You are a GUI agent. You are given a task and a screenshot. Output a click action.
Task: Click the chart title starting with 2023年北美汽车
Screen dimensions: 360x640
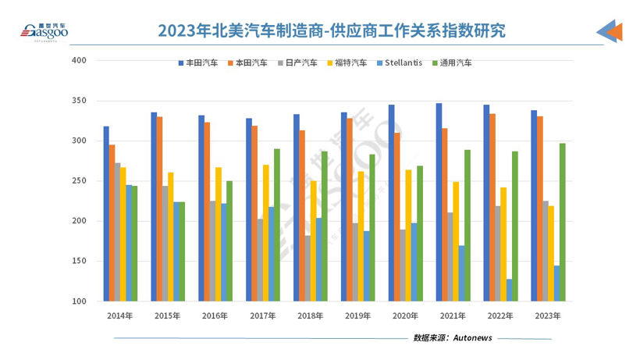coord(332,30)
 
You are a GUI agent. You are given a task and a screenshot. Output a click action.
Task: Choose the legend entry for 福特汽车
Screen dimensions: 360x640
coord(347,62)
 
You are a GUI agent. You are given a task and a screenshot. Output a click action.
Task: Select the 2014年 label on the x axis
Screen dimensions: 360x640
coord(120,316)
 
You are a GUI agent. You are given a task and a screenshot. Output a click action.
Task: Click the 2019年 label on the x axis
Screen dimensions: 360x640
coord(357,316)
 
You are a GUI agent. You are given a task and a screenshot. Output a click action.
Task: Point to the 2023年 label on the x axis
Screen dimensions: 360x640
coord(547,316)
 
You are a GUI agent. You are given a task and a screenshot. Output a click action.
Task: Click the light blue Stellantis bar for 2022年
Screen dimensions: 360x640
coord(510,290)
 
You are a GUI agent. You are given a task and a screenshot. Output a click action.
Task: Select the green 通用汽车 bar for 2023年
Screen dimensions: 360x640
coord(562,223)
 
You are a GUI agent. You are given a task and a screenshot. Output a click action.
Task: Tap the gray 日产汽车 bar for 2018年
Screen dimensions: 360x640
coord(308,268)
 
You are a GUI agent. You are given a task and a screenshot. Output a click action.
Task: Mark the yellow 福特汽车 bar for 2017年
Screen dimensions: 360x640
coord(266,233)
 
